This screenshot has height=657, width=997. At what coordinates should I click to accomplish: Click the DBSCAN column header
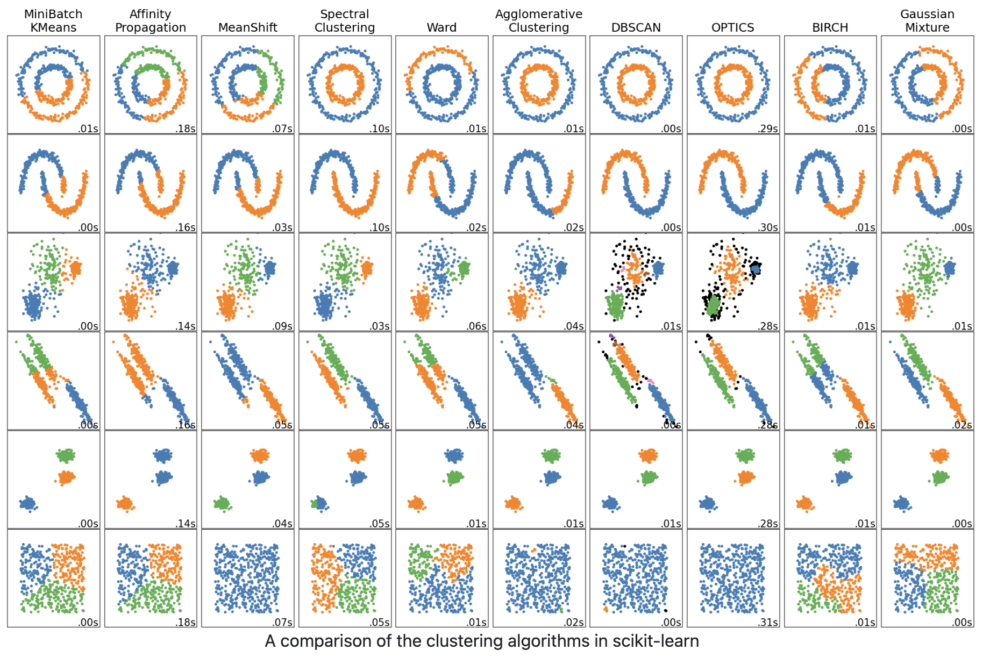click(636, 27)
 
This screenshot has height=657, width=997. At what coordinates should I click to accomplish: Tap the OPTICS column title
click(732, 27)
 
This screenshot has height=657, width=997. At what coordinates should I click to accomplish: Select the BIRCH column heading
click(830, 27)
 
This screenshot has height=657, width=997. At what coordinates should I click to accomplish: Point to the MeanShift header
click(247, 27)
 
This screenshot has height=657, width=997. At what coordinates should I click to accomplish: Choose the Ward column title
click(441, 27)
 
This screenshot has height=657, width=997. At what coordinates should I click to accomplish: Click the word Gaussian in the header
click(927, 14)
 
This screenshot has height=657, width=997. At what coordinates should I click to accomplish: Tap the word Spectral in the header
click(344, 14)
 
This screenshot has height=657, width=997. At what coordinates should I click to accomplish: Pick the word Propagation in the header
click(151, 27)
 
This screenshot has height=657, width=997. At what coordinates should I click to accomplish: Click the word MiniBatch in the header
click(53, 14)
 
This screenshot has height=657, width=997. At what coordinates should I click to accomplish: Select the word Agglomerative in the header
click(539, 14)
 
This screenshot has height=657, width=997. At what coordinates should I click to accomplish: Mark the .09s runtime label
click(282, 326)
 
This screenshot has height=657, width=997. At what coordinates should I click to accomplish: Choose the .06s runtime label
click(476, 326)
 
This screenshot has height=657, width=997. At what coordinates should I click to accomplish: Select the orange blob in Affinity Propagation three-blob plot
click(125, 504)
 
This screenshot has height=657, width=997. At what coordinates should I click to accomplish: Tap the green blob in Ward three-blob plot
click(455, 477)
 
